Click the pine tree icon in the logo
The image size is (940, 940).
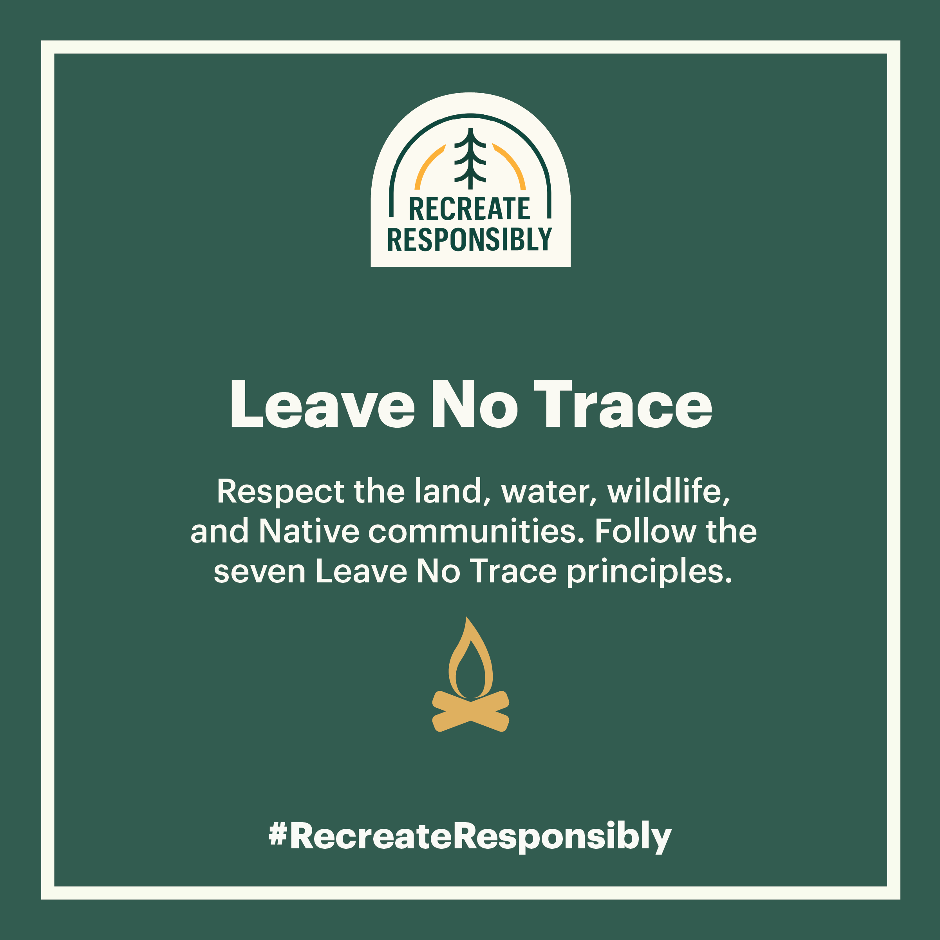pyautogui.click(x=470, y=159)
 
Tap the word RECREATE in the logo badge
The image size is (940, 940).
pyautogui.click(x=470, y=209)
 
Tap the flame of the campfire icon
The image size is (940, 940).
pyautogui.click(x=470, y=658)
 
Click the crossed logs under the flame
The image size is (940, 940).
pyautogui.click(x=470, y=711)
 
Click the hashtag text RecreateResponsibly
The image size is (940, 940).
pyautogui.click(x=480, y=837)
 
